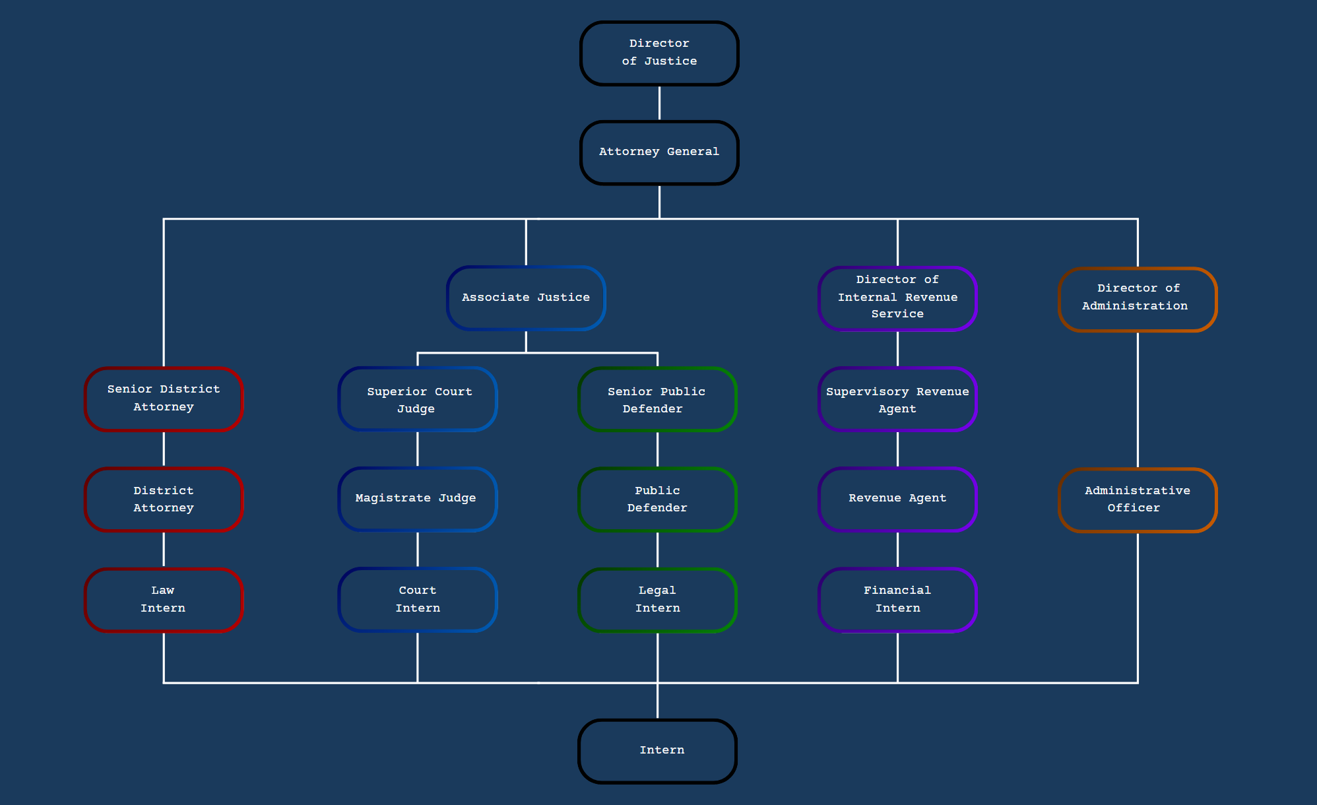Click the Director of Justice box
[x=659, y=53]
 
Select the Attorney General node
[x=659, y=152]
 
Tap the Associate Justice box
[x=526, y=298]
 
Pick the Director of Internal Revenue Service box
[x=897, y=298]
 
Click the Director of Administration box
[x=1138, y=299]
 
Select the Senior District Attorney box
[x=164, y=399]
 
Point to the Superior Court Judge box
[x=418, y=399]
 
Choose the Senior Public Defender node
[x=657, y=399]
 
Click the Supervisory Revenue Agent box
[x=897, y=399]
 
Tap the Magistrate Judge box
[x=418, y=499]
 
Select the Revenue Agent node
[x=897, y=499]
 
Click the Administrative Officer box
[x=1138, y=499]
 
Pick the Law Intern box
[x=164, y=599]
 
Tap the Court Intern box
[x=418, y=599]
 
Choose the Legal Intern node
[x=657, y=599]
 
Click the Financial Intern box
[x=897, y=599]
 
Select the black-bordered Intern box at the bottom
[x=657, y=751]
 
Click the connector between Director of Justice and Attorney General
[x=659, y=103]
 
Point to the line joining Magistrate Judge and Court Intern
[x=418, y=549]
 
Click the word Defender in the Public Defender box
[x=657, y=508]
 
